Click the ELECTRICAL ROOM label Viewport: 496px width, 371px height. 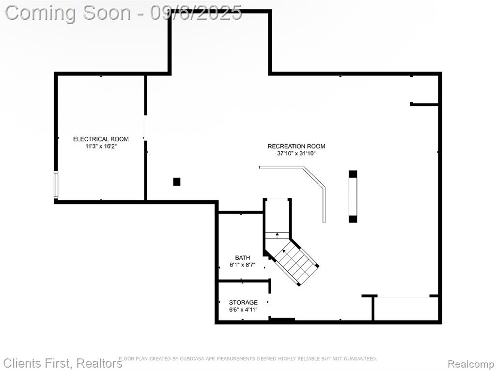[x=101, y=139]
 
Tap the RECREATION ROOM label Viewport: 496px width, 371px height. [x=296, y=146]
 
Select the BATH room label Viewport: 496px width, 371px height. [x=243, y=258]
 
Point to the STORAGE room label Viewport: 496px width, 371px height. [x=243, y=302]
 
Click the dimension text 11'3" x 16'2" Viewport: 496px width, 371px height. [x=101, y=146]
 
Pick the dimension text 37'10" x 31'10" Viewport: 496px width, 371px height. [x=296, y=154]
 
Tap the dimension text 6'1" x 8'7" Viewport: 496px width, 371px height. [x=243, y=265]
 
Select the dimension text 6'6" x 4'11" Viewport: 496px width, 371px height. [x=243, y=310]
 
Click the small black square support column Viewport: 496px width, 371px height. [x=177, y=182]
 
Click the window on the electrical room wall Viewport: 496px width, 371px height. [x=56, y=185]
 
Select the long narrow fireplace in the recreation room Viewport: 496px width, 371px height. [x=353, y=196]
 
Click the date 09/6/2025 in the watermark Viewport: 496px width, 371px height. [x=196, y=13]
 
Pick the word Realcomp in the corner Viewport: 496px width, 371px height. [x=471, y=363]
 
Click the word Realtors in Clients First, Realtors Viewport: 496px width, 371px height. [x=99, y=363]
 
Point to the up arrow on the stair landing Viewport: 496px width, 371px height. [x=277, y=235]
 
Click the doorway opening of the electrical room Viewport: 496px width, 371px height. [x=145, y=128]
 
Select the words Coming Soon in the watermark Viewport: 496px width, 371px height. [x=68, y=13]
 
